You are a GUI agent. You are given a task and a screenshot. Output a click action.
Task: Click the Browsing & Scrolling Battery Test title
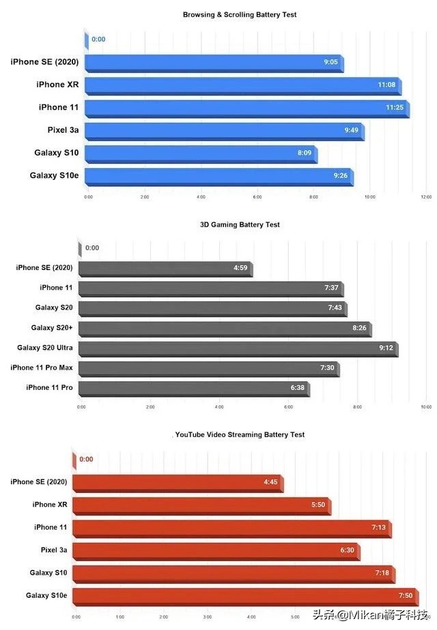point(240,14)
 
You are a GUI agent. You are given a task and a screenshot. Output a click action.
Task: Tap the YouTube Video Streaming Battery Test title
point(240,434)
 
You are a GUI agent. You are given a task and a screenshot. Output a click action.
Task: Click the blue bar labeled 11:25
point(246,108)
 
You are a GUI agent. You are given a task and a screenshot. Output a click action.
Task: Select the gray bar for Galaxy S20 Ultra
point(237,348)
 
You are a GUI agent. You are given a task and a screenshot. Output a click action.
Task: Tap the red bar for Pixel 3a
point(215,550)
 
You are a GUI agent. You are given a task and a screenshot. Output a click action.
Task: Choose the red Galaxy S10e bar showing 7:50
point(244,596)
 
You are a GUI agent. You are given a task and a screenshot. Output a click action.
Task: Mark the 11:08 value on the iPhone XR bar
point(387,85)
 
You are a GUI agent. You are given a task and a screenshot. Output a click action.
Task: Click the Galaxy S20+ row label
point(52,328)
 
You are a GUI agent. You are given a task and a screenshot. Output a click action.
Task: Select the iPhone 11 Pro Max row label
point(42,367)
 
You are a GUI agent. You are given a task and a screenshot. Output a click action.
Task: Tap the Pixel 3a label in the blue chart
point(62,130)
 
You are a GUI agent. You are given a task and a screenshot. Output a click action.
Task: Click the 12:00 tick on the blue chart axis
point(426,196)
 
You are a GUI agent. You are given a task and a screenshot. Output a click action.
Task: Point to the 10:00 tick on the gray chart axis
point(426,407)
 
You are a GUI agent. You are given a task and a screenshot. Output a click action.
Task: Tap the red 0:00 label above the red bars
point(86,460)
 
